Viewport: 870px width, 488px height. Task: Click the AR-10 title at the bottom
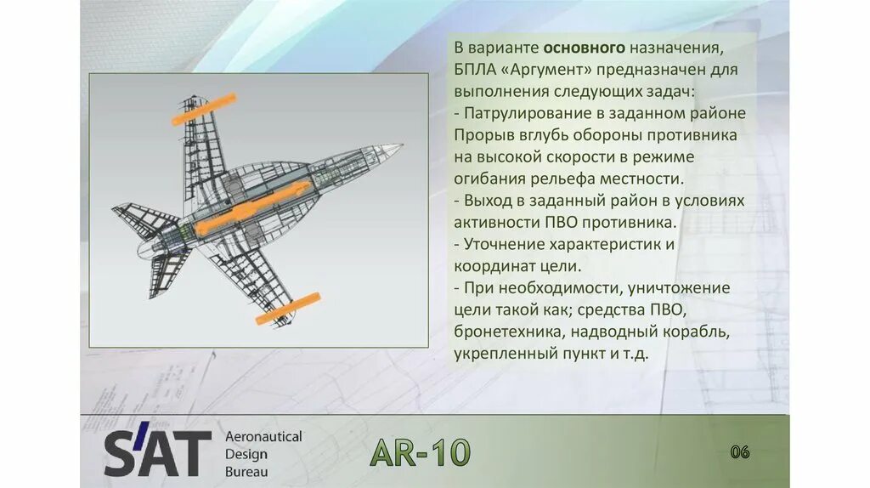(x=420, y=453)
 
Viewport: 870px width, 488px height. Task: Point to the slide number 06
(x=740, y=452)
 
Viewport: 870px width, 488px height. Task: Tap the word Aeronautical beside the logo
(x=263, y=436)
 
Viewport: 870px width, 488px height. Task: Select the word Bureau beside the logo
(x=246, y=471)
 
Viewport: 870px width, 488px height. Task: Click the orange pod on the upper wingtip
(x=204, y=109)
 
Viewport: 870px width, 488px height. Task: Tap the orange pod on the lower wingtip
(x=288, y=308)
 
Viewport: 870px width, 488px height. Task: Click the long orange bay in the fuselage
(x=246, y=206)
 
